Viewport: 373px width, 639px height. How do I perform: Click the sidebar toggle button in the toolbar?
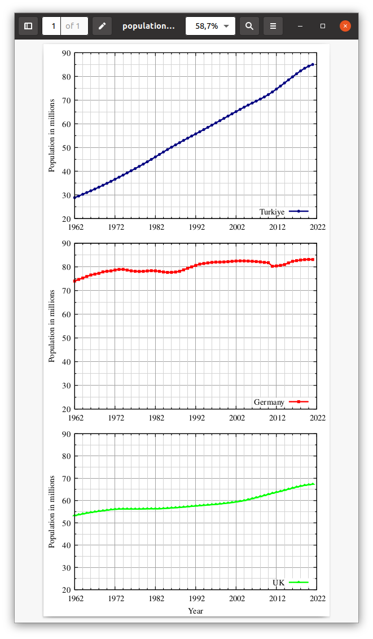(28, 26)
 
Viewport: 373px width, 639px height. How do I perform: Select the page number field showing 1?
(52, 26)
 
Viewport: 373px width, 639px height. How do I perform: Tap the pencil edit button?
(102, 26)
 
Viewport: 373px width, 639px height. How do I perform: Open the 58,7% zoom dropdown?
(210, 26)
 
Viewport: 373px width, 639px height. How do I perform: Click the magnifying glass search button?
(249, 26)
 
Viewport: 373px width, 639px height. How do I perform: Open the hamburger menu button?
(273, 26)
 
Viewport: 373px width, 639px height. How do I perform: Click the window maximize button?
(323, 26)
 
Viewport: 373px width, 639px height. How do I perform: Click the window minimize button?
(300, 26)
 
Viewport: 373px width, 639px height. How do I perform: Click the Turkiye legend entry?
(272, 212)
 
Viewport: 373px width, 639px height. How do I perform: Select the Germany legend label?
(269, 402)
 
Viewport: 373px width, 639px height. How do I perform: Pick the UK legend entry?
(279, 582)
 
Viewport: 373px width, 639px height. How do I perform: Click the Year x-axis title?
(196, 611)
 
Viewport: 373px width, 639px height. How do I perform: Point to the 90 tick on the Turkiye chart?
(67, 53)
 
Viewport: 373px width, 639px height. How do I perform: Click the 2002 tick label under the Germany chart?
(236, 418)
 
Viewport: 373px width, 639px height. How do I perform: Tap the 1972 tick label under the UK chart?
(116, 598)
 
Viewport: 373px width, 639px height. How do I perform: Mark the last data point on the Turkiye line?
(313, 64)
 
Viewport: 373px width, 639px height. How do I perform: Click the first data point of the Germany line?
(74, 281)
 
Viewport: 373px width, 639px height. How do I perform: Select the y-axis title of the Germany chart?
(52, 326)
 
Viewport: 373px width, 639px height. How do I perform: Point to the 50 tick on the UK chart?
(67, 523)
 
